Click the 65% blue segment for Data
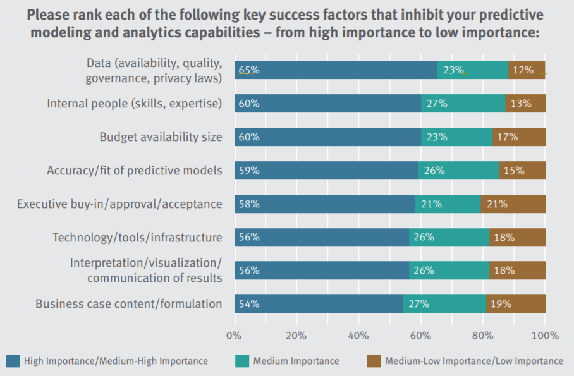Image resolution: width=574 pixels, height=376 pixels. (x=335, y=70)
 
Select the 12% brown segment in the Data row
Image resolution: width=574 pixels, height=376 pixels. (x=527, y=70)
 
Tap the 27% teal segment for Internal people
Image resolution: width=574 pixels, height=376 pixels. (x=463, y=104)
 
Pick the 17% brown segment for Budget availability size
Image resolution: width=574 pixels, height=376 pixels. (x=519, y=137)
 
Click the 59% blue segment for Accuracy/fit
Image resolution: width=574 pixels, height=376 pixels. (x=326, y=170)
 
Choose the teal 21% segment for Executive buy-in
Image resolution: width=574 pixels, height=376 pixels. (x=448, y=203)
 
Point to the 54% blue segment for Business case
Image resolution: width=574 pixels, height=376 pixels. (x=318, y=304)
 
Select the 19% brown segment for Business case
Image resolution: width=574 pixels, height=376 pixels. (x=516, y=304)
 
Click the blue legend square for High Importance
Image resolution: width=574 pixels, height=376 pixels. (x=12, y=361)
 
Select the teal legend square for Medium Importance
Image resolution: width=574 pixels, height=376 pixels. (x=241, y=361)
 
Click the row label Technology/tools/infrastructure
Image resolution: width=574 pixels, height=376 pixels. (x=137, y=237)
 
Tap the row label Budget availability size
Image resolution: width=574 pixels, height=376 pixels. (x=161, y=137)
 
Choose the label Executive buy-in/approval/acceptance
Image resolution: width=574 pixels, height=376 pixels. (x=119, y=203)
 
